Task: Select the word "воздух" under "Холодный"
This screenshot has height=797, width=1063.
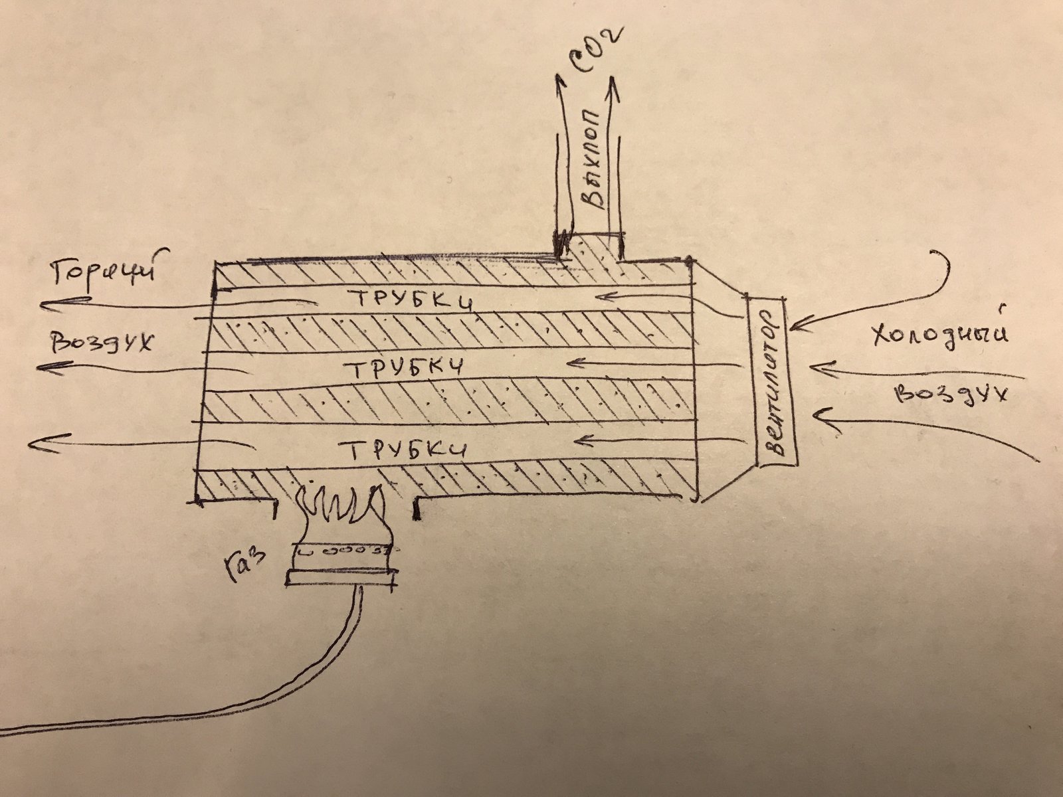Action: pos(951,393)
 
